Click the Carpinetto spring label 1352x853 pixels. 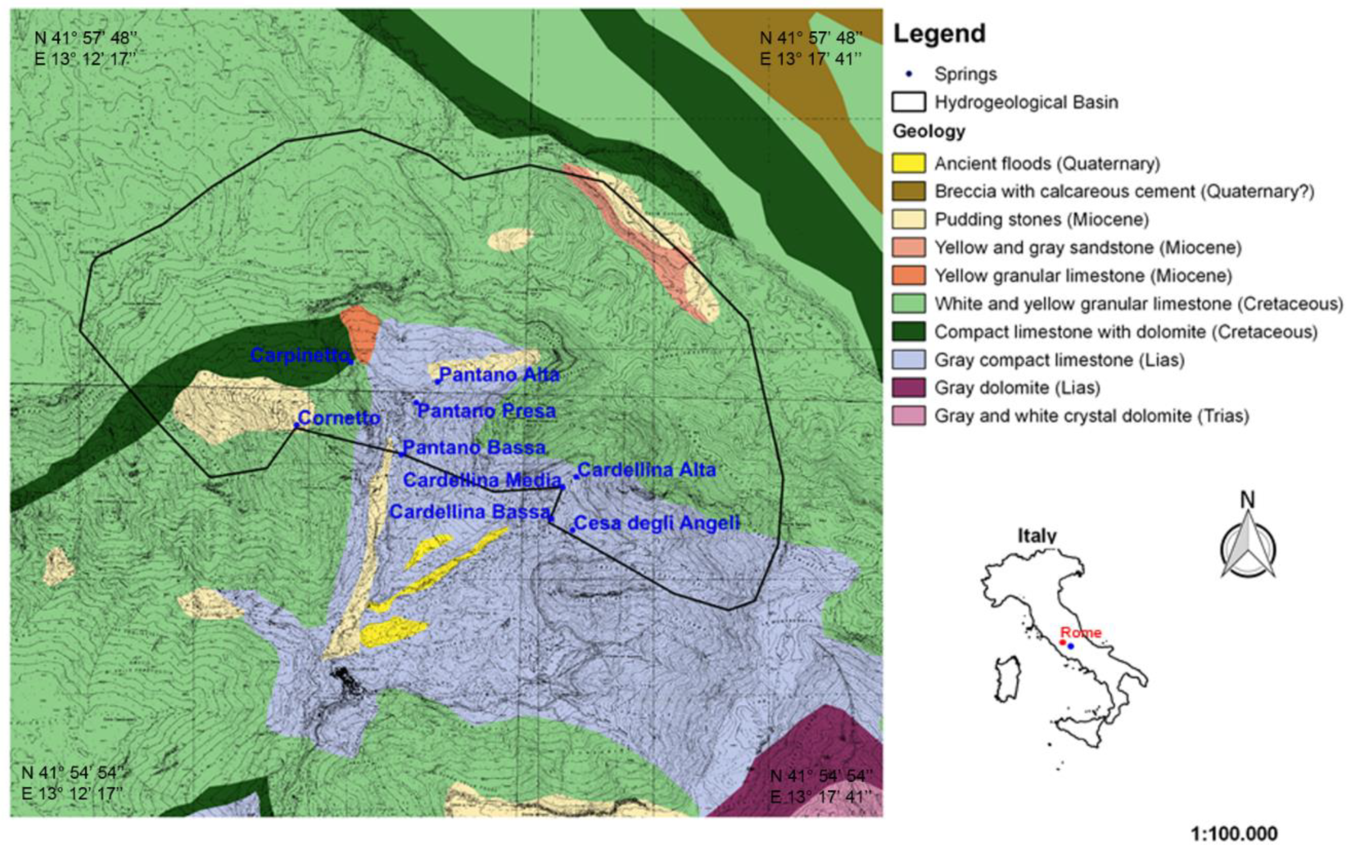298,354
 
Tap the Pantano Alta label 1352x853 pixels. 498,374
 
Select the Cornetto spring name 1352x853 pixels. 339,417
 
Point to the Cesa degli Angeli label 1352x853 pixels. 656,523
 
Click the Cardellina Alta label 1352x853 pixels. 646,469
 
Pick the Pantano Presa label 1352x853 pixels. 486,411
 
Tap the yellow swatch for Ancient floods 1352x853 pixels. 909,164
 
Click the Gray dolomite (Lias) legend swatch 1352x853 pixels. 909,388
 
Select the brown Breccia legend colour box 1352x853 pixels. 909,191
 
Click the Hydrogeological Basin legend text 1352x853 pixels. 1026,102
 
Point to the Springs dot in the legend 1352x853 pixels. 909,74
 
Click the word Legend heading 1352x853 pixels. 939,34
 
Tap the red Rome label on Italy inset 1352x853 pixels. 1080,632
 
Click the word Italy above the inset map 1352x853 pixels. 1037,535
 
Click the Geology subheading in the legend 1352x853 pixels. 929,131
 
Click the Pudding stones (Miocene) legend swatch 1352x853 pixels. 909,219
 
